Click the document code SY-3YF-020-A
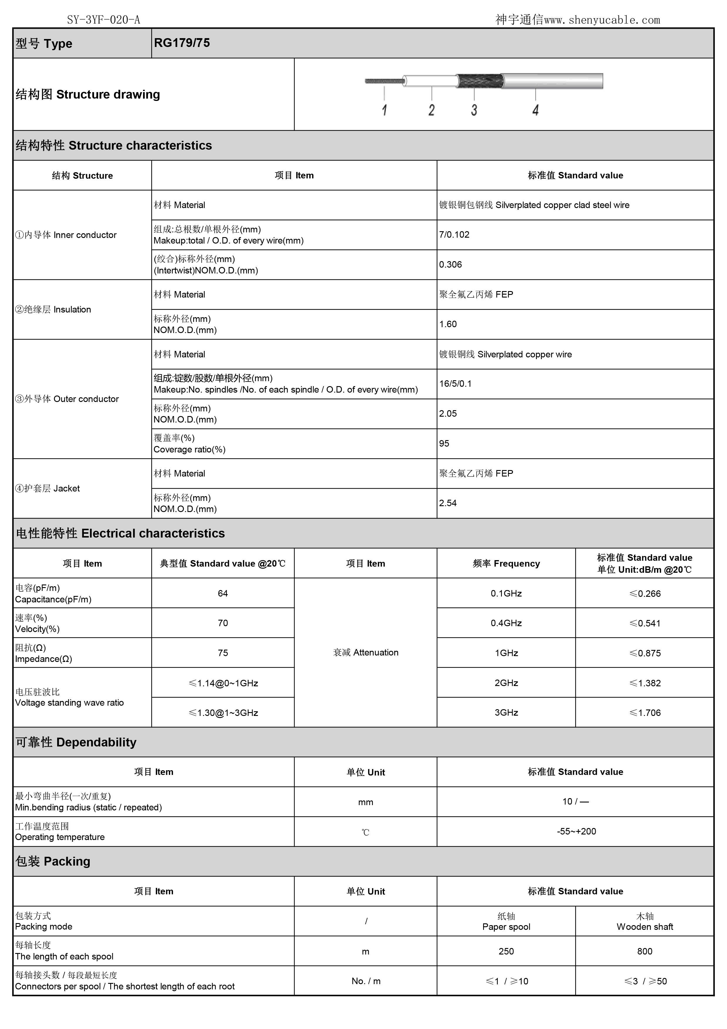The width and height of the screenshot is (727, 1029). [x=103, y=20]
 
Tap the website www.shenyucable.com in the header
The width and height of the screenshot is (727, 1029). [x=602, y=20]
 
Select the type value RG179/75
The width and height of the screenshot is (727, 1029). [x=182, y=43]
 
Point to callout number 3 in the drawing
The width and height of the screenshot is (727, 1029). [x=474, y=110]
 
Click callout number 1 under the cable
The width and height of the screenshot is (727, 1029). [x=384, y=110]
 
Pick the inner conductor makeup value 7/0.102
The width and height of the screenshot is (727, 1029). [x=454, y=235]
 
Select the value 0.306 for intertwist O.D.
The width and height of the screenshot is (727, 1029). [x=450, y=264]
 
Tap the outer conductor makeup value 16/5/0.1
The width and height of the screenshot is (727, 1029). [x=455, y=383]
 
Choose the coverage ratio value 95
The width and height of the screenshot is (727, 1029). [x=444, y=443]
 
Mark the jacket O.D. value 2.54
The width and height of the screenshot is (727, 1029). [x=448, y=503]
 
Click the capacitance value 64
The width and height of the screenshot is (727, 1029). [x=223, y=593]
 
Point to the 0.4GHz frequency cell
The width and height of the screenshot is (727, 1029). [x=506, y=623]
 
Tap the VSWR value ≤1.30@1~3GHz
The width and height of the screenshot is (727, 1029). [x=223, y=713]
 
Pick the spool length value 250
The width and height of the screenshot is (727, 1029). [x=506, y=951]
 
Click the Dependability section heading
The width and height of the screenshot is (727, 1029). [x=76, y=742]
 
